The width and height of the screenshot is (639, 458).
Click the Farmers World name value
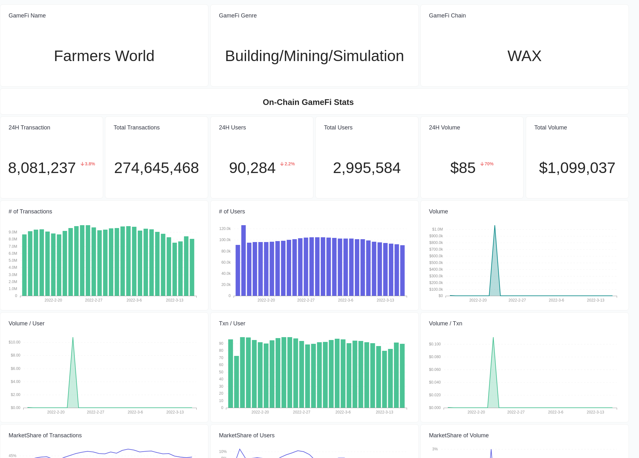click(104, 56)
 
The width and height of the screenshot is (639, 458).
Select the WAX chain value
click(524, 56)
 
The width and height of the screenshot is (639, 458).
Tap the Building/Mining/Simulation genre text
click(314, 56)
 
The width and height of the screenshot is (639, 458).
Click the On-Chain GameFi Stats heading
click(308, 102)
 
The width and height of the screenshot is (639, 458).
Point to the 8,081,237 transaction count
click(42, 168)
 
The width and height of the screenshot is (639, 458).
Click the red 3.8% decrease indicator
click(88, 164)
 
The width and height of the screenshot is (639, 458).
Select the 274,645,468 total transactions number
click(156, 168)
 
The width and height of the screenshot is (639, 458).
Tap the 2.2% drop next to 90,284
click(287, 164)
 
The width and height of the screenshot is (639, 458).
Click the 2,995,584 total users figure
click(367, 168)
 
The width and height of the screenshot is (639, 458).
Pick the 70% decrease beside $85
click(487, 164)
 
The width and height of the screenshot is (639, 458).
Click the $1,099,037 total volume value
click(577, 168)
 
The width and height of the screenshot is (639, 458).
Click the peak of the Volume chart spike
click(495, 226)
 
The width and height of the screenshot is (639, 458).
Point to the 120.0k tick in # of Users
click(225, 229)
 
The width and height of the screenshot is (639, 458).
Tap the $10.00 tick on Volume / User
click(14, 342)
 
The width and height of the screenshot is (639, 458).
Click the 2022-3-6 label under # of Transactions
click(134, 300)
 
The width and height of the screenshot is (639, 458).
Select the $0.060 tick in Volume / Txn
click(435, 370)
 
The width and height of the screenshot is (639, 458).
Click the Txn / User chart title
click(232, 323)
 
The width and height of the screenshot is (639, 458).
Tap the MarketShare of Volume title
click(459, 435)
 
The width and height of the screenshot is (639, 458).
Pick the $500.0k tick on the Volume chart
click(436, 263)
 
